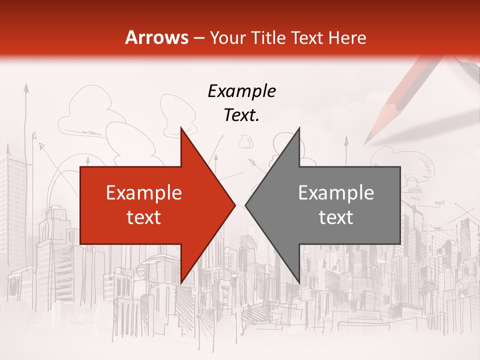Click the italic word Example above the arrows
[x=241, y=91]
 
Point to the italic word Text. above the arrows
[x=241, y=115]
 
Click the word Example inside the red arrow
[x=144, y=192]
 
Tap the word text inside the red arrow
[x=144, y=217]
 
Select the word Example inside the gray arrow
[x=336, y=192]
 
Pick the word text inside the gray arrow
[x=336, y=217]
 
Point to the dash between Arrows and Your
[x=198, y=38]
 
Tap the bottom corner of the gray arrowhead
[x=299, y=282]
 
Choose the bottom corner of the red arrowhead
[x=181, y=282]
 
